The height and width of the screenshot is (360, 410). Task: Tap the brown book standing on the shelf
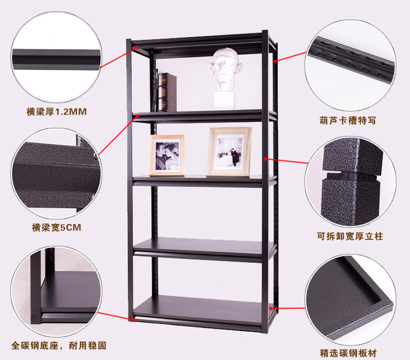click(167, 92)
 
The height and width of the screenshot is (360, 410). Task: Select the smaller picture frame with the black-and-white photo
click(167, 155)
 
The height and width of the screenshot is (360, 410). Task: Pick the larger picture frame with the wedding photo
click(229, 152)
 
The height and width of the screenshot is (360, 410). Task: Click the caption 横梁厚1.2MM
click(56, 111)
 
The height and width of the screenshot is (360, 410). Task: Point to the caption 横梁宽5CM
click(56, 227)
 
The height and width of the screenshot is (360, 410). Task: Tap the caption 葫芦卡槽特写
click(348, 120)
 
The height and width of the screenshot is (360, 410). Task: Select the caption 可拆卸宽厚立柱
click(350, 236)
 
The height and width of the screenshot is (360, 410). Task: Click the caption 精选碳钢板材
click(348, 353)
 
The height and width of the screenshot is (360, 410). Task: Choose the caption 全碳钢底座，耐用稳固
click(59, 345)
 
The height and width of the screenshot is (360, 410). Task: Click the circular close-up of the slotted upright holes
click(350, 65)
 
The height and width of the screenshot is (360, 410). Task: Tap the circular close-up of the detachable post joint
click(350, 181)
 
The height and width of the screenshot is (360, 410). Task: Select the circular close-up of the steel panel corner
click(350, 300)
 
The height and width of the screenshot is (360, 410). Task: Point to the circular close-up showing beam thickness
click(56, 57)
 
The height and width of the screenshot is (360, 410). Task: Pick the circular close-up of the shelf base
click(56, 292)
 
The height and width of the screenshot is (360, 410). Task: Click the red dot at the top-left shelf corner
click(137, 48)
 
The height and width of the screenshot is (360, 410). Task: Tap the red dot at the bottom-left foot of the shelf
click(134, 319)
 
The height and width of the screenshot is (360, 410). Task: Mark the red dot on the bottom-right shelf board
click(271, 308)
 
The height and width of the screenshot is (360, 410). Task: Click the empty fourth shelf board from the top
click(204, 246)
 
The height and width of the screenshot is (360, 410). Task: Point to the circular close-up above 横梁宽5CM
click(56, 174)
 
